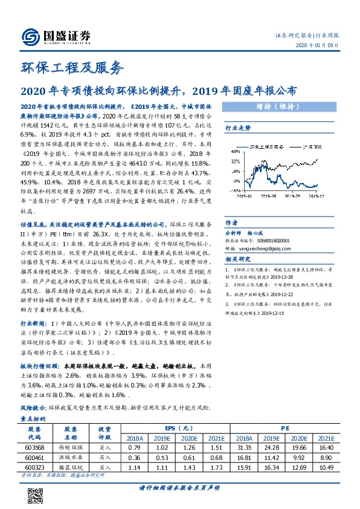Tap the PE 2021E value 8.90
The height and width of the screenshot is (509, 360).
pos(326,459)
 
